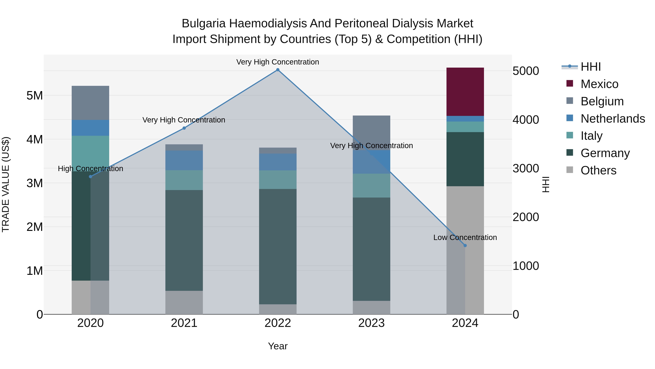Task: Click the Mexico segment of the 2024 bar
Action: point(465,92)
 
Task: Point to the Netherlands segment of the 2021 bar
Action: point(184,160)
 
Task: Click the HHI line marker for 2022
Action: point(278,70)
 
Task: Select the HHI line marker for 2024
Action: point(465,245)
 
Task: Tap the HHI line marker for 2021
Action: point(184,128)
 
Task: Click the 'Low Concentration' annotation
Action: point(465,237)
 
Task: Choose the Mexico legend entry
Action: point(599,84)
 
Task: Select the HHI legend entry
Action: point(591,67)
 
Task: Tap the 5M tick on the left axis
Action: point(35,96)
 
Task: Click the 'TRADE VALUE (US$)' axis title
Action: point(6,184)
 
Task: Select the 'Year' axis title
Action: point(278,346)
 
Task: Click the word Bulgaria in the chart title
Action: point(203,24)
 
